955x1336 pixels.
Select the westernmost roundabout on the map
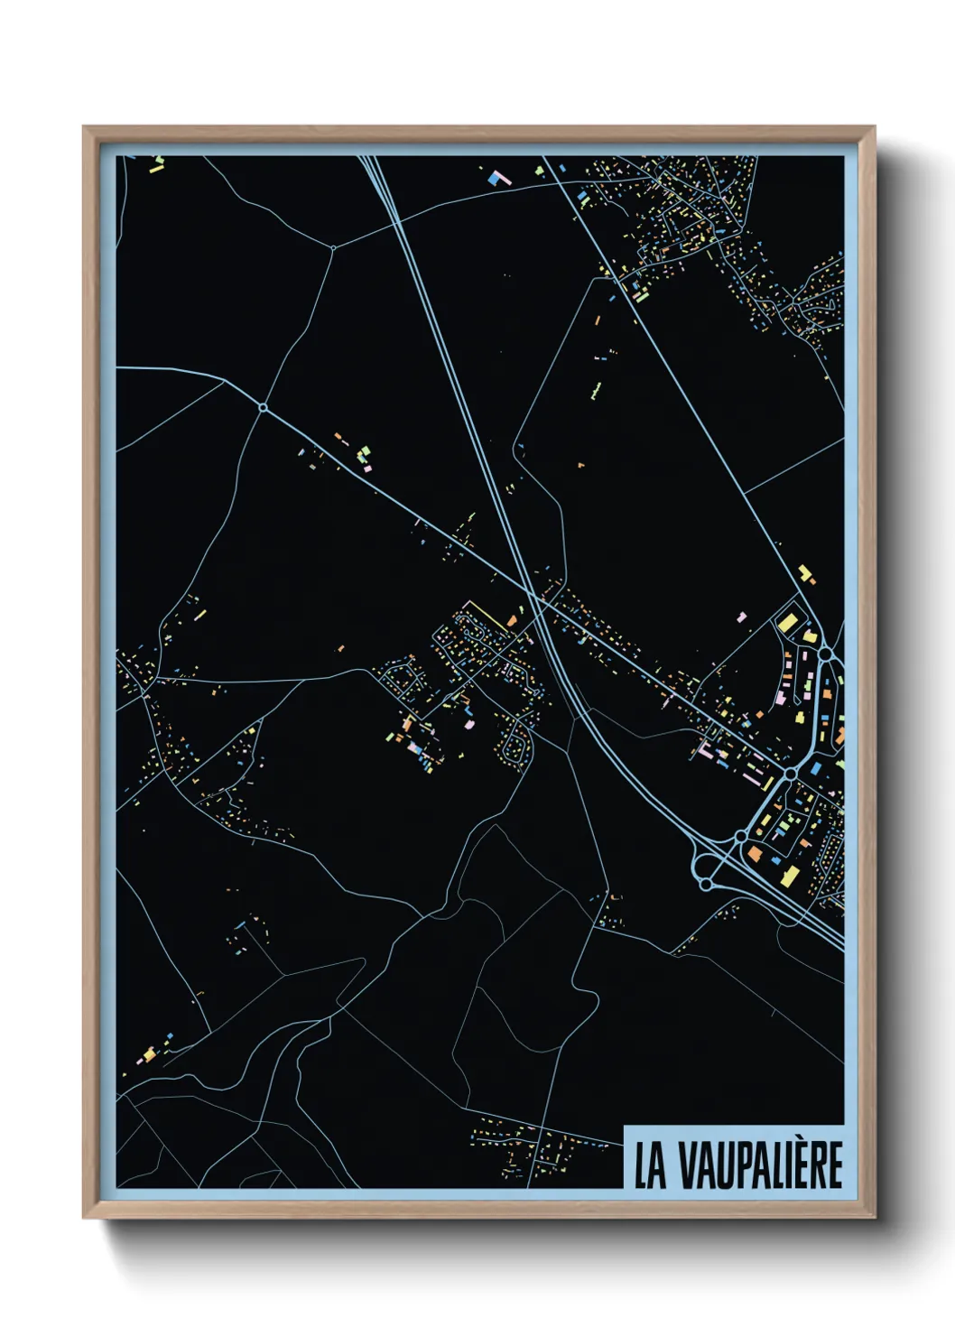(x=263, y=408)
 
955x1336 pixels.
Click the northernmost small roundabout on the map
(x=333, y=247)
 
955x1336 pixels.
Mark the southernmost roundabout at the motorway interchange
(x=705, y=884)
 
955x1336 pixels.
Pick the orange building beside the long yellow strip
(x=510, y=621)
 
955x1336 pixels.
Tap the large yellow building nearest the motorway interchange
(x=790, y=875)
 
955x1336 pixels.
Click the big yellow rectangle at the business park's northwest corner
(x=787, y=622)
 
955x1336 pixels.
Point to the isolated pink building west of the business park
(x=742, y=617)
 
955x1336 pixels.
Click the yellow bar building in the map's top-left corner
(x=156, y=169)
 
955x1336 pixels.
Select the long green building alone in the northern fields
(x=596, y=391)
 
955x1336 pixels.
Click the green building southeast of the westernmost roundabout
(x=365, y=452)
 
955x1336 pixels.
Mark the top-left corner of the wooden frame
(x=84, y=127)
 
